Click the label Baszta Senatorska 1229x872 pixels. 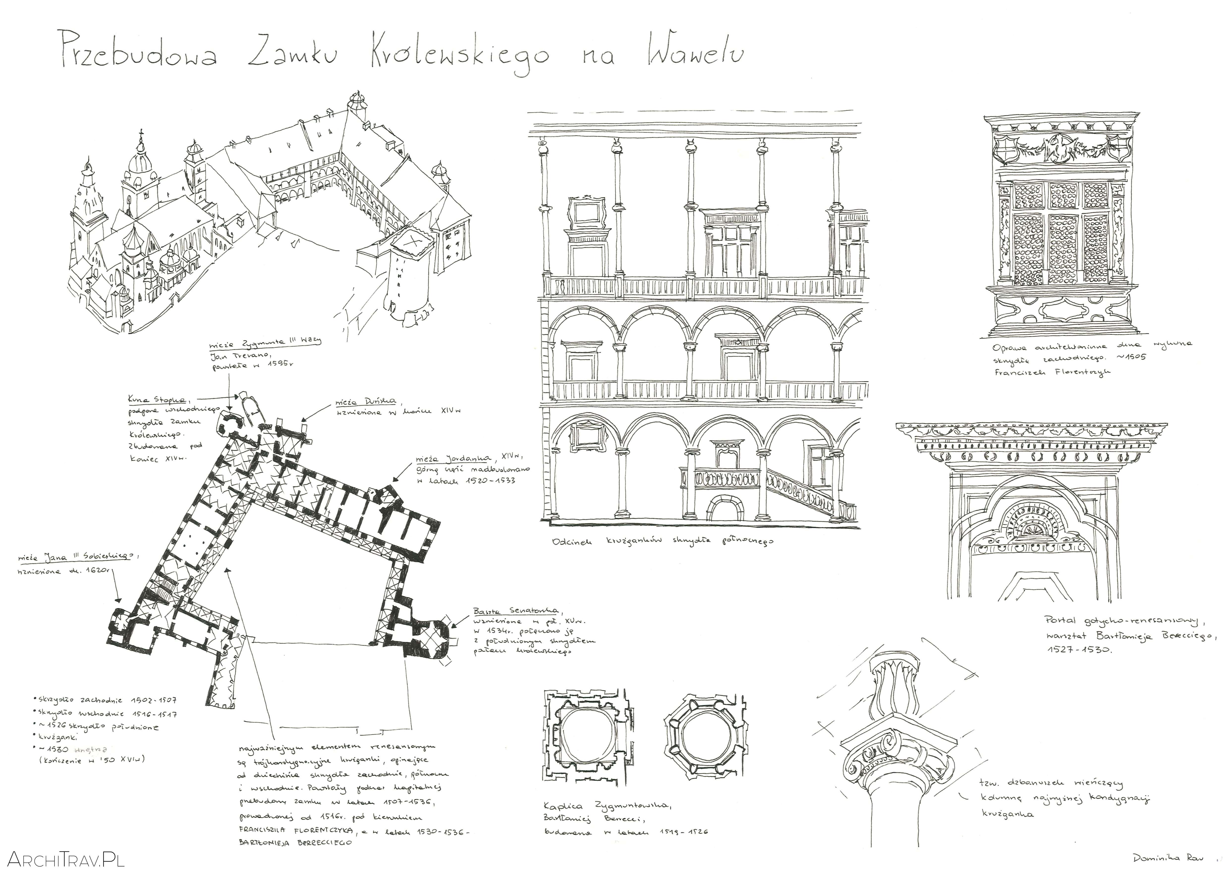[x=515, y=611]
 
